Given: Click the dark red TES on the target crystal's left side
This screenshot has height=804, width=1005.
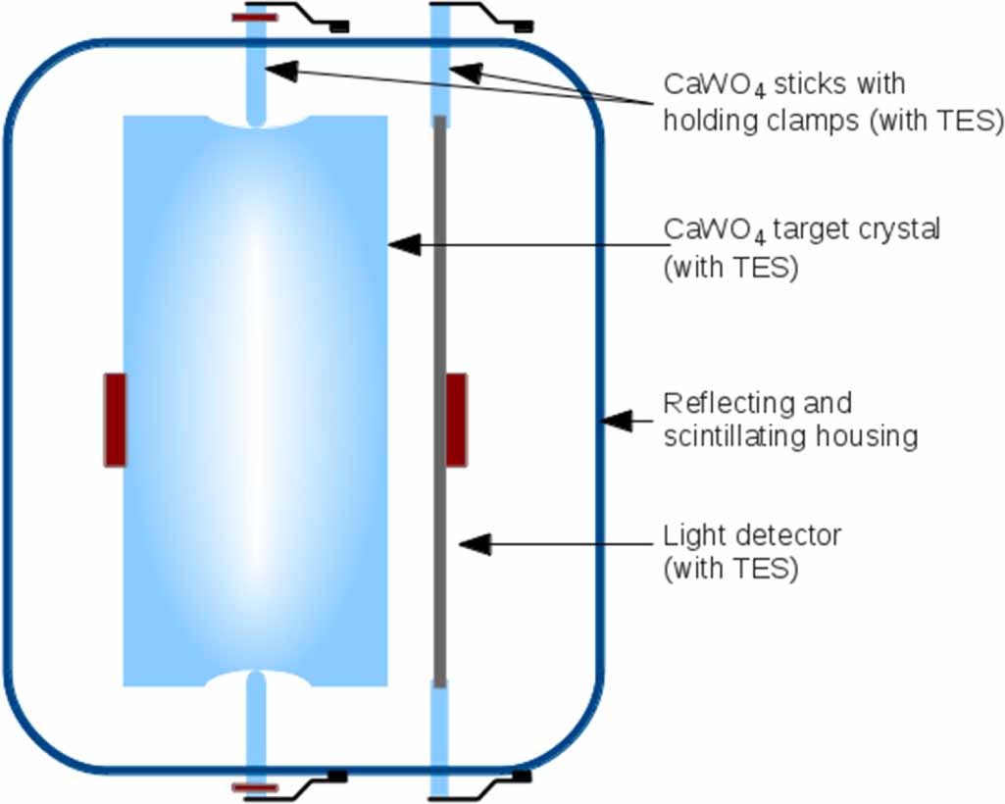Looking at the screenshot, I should [115, 419].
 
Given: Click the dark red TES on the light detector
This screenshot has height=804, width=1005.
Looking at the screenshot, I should [456, 419].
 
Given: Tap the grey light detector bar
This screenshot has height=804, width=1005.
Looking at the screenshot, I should [440, 294].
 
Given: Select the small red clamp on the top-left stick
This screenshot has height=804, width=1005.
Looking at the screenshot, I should [255, 17].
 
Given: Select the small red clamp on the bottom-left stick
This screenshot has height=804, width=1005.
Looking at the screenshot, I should [255, 787].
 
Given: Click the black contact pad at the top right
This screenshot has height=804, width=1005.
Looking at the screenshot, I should [524, 26].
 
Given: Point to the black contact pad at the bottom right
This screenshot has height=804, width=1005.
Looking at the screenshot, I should [523, 777].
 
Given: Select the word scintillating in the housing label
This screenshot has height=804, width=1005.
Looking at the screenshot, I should [737, 436].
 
